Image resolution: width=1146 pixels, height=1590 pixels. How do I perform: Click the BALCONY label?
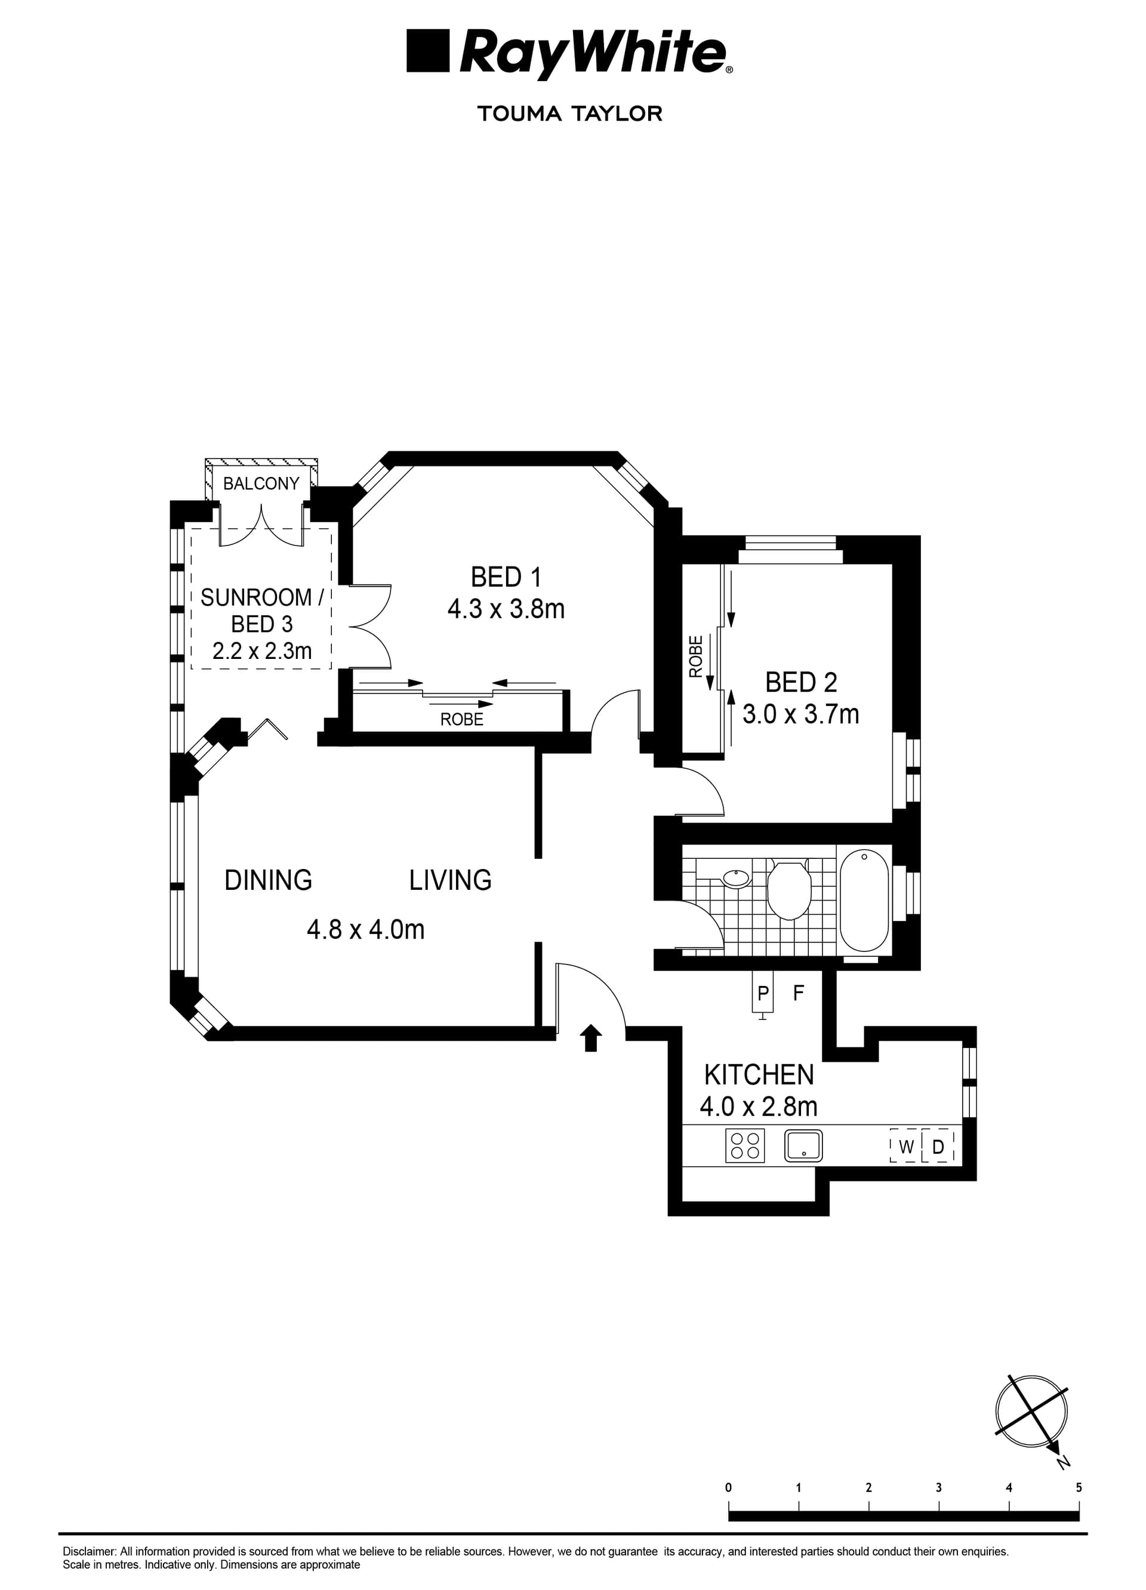pyautogui.click(x=261, y=483)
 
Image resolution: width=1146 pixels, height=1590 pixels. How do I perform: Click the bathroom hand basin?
pyautogui.click(x=735, y=878)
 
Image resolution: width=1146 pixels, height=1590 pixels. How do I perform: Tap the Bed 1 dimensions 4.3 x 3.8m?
pyautogui.click(x=506, y=609)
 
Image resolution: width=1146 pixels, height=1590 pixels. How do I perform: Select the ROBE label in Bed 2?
pyautogui.click(x=696, y=656)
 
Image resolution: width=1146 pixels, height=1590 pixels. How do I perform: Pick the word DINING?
pyautogui.click(x=269, y=880)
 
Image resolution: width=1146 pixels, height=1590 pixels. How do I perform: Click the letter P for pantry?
pyautogui.click(x=763, y=993)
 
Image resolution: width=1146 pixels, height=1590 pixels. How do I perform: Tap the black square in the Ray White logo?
pyautogui.click(x=427, y=51)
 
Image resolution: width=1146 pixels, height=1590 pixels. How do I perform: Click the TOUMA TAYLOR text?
pyautogui.click(x=570, y=113)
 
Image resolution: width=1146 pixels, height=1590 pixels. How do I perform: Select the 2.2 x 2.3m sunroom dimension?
pyautogui.click(x=262, y=651)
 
